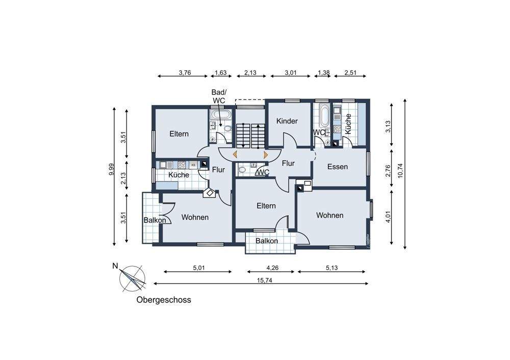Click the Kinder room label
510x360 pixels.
click(287, 121)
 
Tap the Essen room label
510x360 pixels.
click(337, 167)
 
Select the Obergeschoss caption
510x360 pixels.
click(164, 300)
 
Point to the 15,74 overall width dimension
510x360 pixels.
click(264, 280)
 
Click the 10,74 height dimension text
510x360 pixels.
click(400, 170)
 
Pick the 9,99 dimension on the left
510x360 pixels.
click(112, 169)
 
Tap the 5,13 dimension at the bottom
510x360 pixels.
click(331, 268)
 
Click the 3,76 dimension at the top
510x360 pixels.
click(185, 72)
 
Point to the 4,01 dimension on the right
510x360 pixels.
click(388, 217)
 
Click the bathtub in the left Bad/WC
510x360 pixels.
click(221, 114)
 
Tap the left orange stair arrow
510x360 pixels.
click(235, 155)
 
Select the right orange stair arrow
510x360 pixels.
click(266, 155)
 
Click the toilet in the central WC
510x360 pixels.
click(242, 169)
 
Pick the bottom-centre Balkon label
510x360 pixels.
click(267, 241)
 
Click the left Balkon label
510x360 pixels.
click(155, 220)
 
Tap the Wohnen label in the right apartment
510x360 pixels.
click(330, 215)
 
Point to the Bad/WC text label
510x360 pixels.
click(219, 96)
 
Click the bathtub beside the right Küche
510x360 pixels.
click(324, 116)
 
